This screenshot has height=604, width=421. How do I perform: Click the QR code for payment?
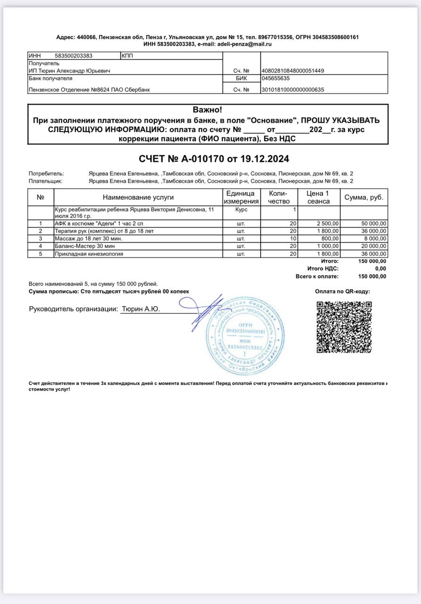click(x=344, y=327)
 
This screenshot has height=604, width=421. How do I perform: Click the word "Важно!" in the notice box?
click(x=207, y=110)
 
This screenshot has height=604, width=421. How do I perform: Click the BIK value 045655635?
click(x=276, y=78)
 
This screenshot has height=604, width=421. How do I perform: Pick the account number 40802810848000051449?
click(x=293, y=71)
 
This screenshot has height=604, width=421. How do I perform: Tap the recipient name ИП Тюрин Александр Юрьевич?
click(x=69, y=71)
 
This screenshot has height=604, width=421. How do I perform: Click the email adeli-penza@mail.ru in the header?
click(x=244, y=44)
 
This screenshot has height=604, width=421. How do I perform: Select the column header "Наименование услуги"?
click(x=138, y=197)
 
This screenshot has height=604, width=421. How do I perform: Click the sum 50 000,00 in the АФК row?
click(x=372, y=223)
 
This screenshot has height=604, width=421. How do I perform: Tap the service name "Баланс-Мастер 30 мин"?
click(x=84, y=246)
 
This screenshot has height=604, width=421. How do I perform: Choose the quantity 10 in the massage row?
click(x=293, y=239)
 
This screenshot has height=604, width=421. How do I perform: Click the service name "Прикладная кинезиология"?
click(x=89, y=254)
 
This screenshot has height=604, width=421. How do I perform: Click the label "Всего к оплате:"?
click(x=317, y=277)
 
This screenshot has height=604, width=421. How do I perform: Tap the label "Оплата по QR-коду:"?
click(x=343, y=292)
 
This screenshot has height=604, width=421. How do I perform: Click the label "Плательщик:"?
click(x=45, y=181)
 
